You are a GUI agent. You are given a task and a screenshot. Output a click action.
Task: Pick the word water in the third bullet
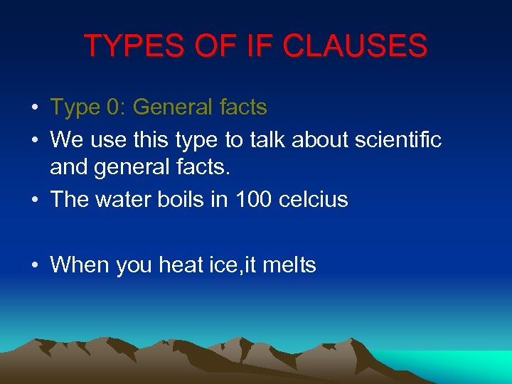pyautogui.click(x=119, y=199)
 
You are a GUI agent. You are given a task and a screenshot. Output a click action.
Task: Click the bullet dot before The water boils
pyautogui.click(x=34, y=201)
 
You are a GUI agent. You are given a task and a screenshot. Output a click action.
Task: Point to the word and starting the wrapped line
pyautogui.click(x=66, y=169)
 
